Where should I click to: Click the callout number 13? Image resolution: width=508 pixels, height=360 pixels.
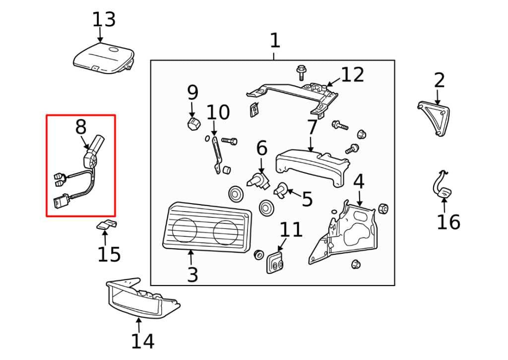(x=104, y=20)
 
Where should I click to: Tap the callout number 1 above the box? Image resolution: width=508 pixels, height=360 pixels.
(x=274, y=41)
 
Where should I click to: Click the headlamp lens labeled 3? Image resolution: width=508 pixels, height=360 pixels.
(x=206, y=228)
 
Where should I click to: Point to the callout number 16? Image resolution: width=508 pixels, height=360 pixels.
(x=448, y=221)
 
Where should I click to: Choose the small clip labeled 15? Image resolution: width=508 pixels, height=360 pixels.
(x=106, y=225)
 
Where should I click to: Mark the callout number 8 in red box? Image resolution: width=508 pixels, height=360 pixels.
(x=80, y=128)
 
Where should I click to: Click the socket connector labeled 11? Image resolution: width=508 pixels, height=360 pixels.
(x=274, y=262)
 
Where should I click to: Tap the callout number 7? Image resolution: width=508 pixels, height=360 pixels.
(x=312, y=128)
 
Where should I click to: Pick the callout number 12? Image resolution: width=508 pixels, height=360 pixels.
(x=352, y=74)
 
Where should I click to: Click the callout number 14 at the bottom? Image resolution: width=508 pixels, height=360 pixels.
(x=142, y=341)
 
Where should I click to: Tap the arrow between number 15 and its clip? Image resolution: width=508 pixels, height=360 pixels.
(x=105, y=237)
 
